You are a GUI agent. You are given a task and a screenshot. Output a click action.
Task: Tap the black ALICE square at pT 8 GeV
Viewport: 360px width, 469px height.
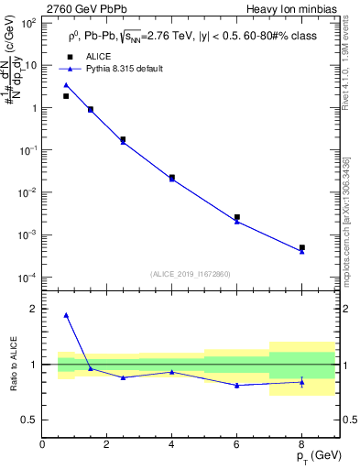point(301,247)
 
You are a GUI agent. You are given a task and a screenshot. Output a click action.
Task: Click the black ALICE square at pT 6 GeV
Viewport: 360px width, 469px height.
point(237,217)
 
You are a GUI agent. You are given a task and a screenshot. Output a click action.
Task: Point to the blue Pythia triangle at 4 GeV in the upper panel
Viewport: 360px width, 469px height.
point(172,179)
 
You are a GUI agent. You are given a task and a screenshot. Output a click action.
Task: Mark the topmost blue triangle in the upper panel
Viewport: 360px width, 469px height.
point(66,85)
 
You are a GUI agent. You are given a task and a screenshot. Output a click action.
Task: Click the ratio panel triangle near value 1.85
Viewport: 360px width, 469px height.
point(66,315)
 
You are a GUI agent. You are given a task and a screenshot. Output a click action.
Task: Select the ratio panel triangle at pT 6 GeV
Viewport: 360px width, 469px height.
point(237,386)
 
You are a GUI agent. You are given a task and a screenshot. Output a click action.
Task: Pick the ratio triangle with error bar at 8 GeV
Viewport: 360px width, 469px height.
point(301,382)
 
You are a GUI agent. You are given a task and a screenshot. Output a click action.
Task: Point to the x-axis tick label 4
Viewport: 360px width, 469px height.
point(172,444)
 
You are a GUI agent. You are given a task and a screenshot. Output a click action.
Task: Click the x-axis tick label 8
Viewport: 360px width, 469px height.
point(301,444)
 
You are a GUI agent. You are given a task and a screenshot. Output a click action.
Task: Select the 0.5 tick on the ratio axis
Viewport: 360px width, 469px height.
point(30,420)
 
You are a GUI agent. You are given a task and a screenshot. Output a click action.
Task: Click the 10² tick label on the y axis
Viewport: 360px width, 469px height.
point(29,23)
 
